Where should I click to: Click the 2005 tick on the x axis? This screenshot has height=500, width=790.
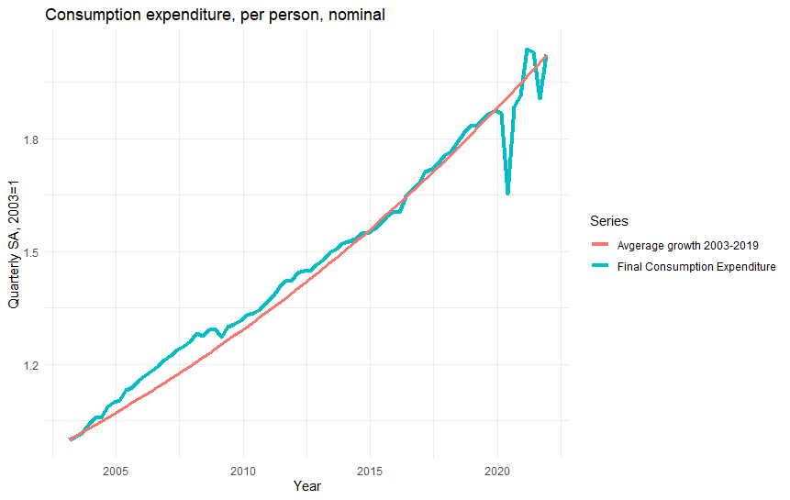[116, 471]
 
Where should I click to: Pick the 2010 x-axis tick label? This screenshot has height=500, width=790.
[243, 471]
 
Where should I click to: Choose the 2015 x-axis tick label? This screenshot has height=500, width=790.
[370, 471]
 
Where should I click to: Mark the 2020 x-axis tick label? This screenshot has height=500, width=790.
[497, 471]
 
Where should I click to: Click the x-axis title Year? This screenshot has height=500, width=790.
[306, 487]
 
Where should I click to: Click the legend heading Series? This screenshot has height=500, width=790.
[608, 221]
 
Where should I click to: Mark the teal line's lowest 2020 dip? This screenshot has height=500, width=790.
[507, 194]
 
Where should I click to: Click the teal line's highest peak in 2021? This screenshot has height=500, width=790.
[527, 50]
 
